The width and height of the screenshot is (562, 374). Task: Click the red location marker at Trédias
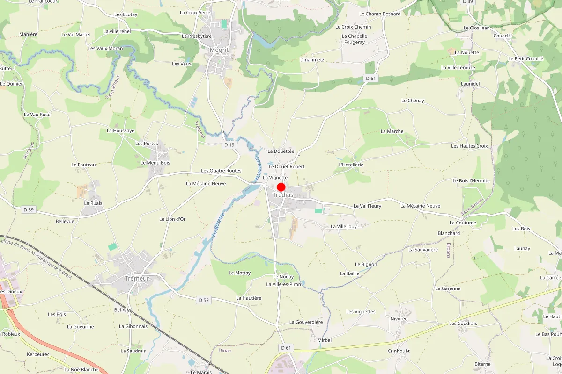tap(281, 187)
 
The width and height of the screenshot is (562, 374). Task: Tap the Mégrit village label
tap(219, 50)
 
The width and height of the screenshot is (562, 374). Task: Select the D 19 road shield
tap(229, 145)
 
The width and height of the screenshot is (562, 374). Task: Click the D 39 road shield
tap(28, 210)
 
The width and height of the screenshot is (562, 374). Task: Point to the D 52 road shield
tap(203, 300)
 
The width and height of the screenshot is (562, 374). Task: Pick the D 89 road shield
tap(467, 2)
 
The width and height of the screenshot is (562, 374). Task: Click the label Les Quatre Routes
tap(221, 171)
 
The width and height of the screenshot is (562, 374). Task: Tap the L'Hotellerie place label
tap(351, 165)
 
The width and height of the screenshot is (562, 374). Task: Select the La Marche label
tap(392, 131)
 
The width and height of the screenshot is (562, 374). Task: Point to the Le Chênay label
tap(413, 101)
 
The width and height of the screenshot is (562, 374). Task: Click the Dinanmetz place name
tap(312, 60)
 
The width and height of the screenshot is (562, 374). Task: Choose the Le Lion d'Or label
tap(172, 219)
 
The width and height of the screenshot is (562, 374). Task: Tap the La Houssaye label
tap(120, 131)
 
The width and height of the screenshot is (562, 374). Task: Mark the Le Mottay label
tap(239, 273)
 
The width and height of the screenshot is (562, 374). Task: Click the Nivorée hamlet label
tap(399, 319)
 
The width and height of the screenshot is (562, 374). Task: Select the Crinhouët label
tap(399, 351)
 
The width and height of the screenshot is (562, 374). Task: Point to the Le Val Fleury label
tap(367, 206)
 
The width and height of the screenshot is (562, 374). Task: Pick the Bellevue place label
tap(65, 221)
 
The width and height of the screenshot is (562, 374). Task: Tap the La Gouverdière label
tap(306, 322)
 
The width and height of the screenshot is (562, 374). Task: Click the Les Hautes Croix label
tap(469, 146)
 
